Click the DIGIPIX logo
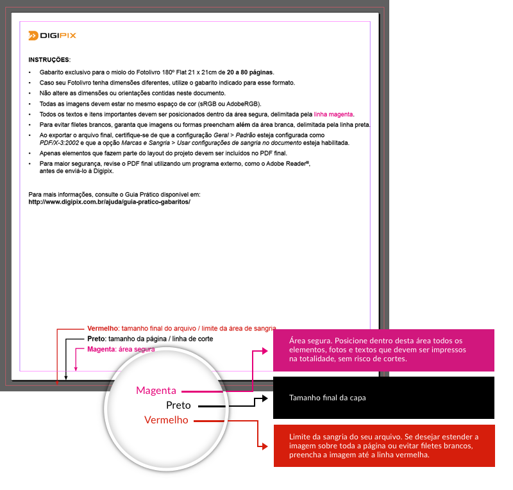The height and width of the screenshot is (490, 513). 52,35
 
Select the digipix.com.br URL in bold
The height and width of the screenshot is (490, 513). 110,201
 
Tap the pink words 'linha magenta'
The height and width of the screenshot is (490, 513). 333,113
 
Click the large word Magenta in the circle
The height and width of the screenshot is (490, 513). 156,389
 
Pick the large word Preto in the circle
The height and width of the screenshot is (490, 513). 178,405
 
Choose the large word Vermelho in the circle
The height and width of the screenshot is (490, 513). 166,420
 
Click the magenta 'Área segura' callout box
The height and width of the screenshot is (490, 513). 383,350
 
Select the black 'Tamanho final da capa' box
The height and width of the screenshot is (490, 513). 383,398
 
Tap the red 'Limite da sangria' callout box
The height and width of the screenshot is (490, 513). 383,445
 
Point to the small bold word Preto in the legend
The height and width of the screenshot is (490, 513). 96,338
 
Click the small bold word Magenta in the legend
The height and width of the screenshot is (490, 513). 101,349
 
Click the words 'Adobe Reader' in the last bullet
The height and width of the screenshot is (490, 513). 288,164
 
